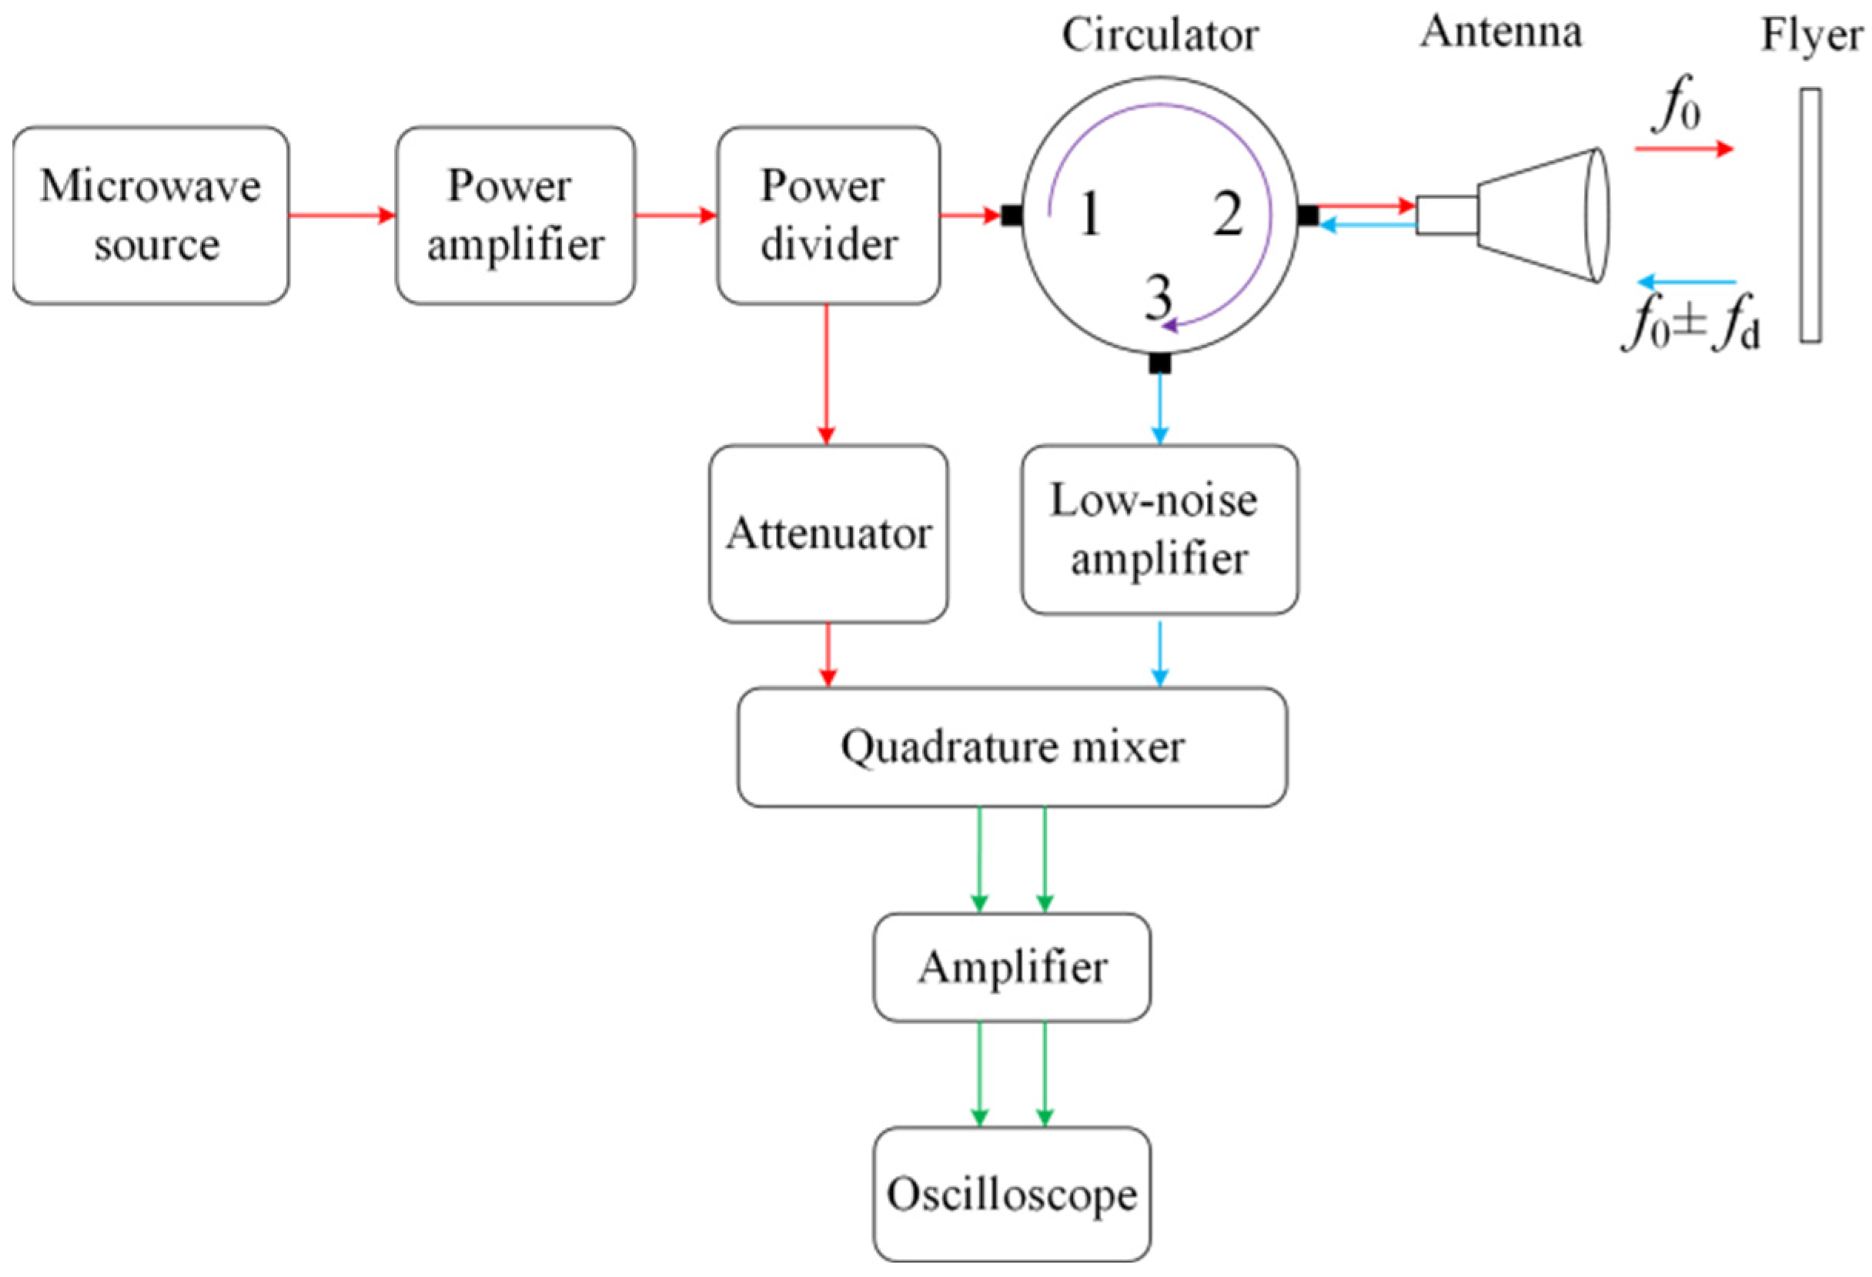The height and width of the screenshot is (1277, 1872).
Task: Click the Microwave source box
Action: [x=151, y=215]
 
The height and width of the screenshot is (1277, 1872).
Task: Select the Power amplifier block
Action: [x=515, y=215]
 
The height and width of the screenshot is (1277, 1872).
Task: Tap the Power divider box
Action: [x=828, y=215]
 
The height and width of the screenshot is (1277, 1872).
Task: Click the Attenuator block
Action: [x=828, y=533]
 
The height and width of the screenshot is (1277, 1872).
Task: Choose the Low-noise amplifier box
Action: [x=1159, y=530]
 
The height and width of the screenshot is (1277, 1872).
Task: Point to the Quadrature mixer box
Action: [x=1011, y=747]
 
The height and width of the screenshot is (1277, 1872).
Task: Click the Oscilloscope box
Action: [x=1011, y=1193]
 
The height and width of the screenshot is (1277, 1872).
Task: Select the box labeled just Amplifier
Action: [x=1011, y=967]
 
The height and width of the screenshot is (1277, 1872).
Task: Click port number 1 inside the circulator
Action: [x=1089, y=215]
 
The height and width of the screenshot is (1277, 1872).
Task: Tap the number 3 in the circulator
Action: [x=1158, y=297]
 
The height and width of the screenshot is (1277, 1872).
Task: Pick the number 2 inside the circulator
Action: [x=1228, y=215]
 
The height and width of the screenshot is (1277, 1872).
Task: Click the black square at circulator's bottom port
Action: [x=1159, y=363]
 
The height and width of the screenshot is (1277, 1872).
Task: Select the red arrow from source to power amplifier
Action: [x=343, y=215]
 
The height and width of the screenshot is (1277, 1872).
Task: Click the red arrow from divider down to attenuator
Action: [x=827, y=375]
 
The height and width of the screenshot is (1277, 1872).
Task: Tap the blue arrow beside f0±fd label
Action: [x=1686, y=282]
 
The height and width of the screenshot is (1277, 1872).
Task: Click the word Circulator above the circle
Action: [x=1159, y=36]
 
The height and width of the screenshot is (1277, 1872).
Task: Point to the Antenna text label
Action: [x=1500, y=33]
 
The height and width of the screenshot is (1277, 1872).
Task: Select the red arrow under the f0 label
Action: [x=1683, y=149]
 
